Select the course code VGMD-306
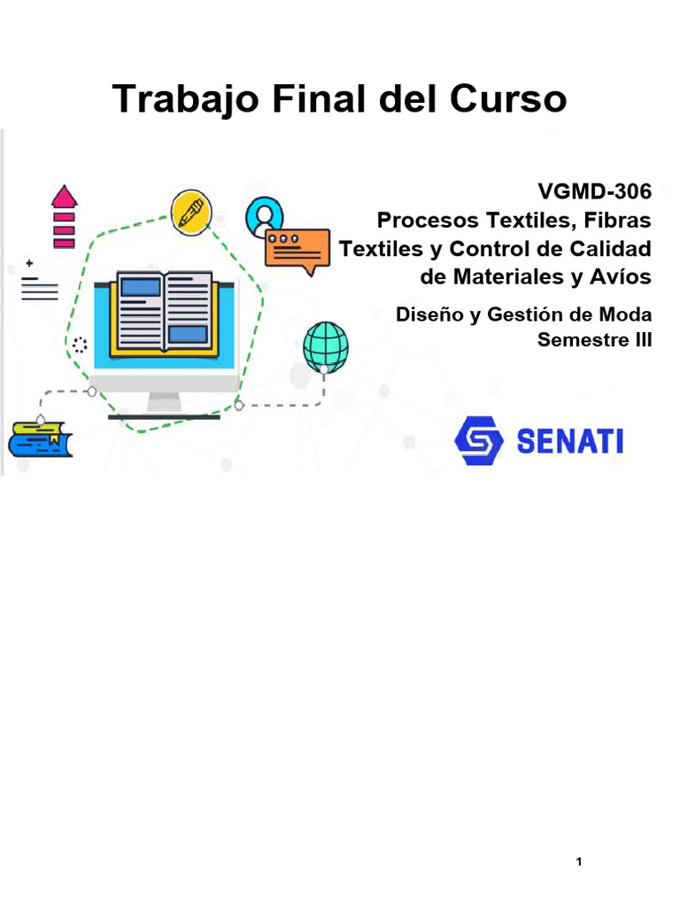tap(594, 190)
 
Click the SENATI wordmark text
tap(569, 441)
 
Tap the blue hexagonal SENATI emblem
tap(478, 441)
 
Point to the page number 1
tap(578, 862)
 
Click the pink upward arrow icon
tap(63, 217)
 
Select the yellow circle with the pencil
tap(189, 213)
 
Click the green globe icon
tap(325, 345)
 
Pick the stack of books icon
tap(40, 438)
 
